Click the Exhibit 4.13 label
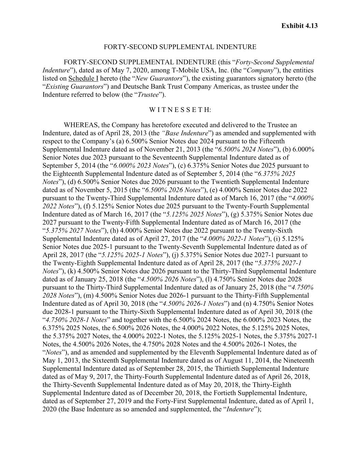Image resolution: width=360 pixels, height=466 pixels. [x=299, y=26]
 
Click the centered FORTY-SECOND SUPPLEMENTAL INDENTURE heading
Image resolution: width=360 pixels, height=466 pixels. [x=180, y=47]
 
